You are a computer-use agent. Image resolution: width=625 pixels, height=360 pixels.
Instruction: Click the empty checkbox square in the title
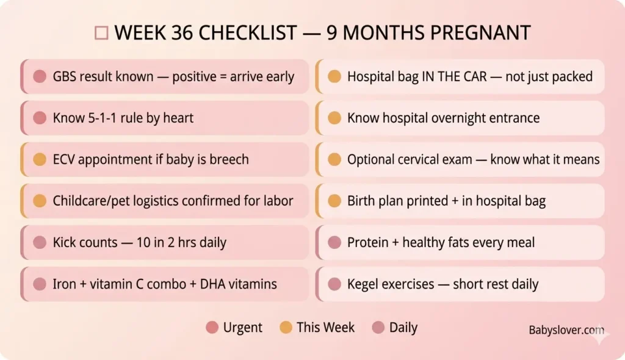pos(101,33)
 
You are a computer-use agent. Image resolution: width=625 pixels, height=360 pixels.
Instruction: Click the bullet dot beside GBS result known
pos(40,76)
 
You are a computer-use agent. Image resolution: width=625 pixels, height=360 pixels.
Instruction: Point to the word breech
pos(229,159)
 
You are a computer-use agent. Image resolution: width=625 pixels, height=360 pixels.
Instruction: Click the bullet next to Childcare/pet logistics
pos(40,201)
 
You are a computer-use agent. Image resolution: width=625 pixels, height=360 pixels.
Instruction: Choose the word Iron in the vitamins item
pos(65,284)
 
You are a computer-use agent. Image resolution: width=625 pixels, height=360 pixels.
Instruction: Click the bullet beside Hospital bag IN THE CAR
pos(334,76)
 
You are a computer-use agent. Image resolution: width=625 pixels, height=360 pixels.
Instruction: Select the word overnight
pos(461,118)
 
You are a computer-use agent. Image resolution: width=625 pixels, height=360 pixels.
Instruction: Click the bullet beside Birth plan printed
pos(334,201)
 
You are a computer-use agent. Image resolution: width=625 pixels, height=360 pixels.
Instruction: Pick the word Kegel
pos(365,284)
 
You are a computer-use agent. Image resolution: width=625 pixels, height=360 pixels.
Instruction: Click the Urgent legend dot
pos(212,328)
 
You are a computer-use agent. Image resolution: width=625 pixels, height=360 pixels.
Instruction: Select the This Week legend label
pos(325,327)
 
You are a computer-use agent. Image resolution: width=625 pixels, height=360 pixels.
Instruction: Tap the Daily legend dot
pos(378,328)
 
